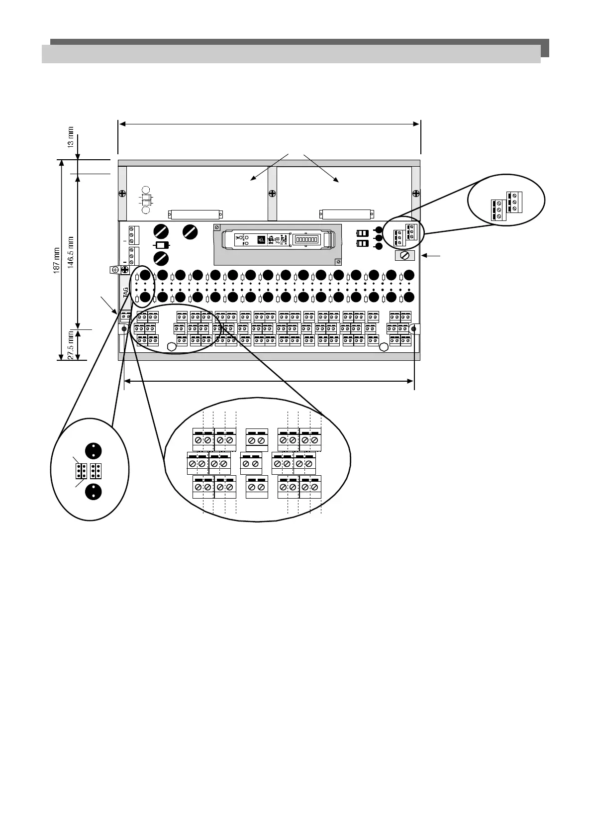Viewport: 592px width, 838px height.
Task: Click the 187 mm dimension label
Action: coord(57,260)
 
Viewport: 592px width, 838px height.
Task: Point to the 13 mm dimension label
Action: coord(71,137)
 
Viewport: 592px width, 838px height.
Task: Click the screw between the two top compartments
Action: coord(272,193)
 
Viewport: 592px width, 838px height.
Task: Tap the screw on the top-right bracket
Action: coord(416,193)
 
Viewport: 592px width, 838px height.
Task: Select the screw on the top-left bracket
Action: coord(122,193)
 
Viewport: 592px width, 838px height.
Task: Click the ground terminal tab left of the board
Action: coord(115,269)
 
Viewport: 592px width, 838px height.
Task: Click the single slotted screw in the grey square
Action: coord(404,256)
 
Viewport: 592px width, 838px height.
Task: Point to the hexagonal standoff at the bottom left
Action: coord(171,347)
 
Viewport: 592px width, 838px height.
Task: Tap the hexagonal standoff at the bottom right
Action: coord(384,347)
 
